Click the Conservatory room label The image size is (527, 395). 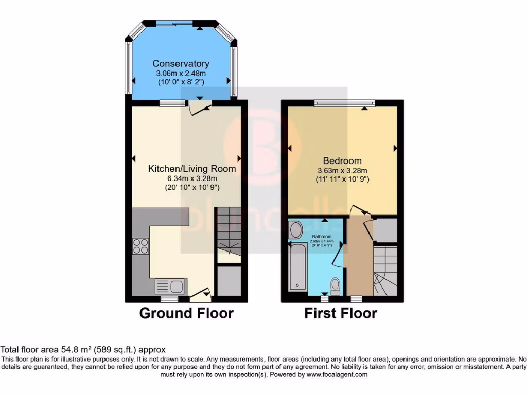pyautogui.click(x=181, y=64)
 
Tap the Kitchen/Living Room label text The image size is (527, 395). pyautogui.click(x=192, y=169)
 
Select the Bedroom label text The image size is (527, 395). pyautogui.click(x=342, y=161)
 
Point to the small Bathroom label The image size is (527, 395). pyautogui.click(x=321, y=237)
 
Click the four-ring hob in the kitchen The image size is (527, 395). pyautogui.click(x=140, y=247)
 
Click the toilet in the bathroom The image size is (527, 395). pyautogui.click(x=335, y=285)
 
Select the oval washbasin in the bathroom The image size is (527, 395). pyautogui.click(x=296, y=230)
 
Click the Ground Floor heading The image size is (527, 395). pyautogui.click(x=186, y=313)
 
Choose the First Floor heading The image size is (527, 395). pyautogui.click(x=341, y=313)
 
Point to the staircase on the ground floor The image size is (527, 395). pyautogui.click(x=227, y=234)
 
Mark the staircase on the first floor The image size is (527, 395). pyautogui.click(x=385, y=271)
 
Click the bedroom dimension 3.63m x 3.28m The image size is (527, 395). pyautogui.click(x=342, y=171)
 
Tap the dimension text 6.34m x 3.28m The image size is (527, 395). pyautogui.click(x=192, y=178)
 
